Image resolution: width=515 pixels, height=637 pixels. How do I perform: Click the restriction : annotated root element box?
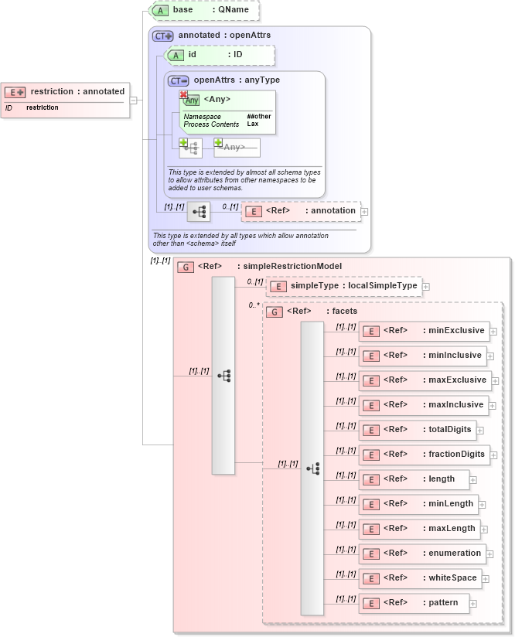click(65, 99)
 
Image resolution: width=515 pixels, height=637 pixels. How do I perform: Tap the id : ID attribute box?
click(220, 55)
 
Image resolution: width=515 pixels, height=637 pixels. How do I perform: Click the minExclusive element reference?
click(425, 331)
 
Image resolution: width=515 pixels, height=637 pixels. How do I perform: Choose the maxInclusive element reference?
click(425, 405)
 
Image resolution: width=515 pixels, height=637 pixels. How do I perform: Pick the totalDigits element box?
click(418, 430)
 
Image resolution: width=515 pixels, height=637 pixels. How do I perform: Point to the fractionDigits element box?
click(425, 455)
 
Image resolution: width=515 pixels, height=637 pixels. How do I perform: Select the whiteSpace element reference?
click(421, 578)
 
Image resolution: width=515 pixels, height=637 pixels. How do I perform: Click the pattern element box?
click(414, 603)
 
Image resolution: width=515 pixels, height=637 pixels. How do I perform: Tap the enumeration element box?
click(424, 554)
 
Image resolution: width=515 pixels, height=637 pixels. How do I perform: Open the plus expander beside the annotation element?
click(365, 211)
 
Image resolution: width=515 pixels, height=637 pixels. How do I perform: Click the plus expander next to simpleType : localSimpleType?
click(426, 287)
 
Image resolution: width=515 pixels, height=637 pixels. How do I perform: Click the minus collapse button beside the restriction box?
click(134, 100)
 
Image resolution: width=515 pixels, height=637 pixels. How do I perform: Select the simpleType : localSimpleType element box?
click(344, 286)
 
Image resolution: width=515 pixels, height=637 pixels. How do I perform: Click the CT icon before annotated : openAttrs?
click(162, 36)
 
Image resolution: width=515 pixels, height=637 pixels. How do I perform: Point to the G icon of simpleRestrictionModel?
click(185, 267)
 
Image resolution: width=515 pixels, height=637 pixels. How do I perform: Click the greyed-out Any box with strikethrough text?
click(237, 147)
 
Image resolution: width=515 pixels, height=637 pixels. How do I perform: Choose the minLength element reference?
click(418, 504)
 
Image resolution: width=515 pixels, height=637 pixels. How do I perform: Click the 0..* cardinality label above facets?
click(254, 305)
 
